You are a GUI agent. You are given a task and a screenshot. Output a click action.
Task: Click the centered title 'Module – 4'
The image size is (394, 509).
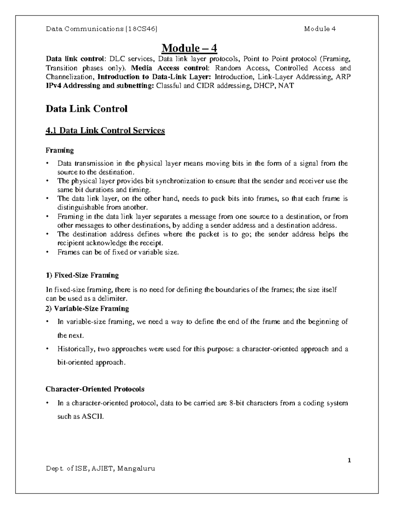(x=189, y=49)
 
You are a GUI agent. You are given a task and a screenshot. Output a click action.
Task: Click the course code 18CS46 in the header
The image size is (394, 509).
(x=142, y=29)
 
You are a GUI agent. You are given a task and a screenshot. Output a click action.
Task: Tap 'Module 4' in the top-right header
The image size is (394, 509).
(x=319, y=29)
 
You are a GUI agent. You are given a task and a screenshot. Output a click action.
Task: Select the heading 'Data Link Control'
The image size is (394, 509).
(x=86, y=109)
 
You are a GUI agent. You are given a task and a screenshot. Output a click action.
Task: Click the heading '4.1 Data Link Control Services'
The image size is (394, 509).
(x=105, y=131)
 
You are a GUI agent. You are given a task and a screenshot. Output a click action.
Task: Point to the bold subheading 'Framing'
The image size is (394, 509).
(x=59, y=150)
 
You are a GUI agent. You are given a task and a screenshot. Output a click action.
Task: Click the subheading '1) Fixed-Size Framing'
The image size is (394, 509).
(x=82, y=275)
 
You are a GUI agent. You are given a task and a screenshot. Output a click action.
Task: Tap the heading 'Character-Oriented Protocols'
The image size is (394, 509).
(x=95, y=389)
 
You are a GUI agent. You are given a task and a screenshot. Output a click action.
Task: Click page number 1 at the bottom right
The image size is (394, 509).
(x=349, y=460)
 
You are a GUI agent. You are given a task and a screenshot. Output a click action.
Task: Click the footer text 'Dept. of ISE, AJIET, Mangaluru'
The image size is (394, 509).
(x=100, y=468)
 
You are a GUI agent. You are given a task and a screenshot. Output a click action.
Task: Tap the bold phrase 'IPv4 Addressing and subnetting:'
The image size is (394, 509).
(x=100, y=86)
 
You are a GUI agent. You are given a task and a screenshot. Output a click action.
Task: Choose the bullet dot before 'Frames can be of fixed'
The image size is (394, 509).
(x=48, y=252)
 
